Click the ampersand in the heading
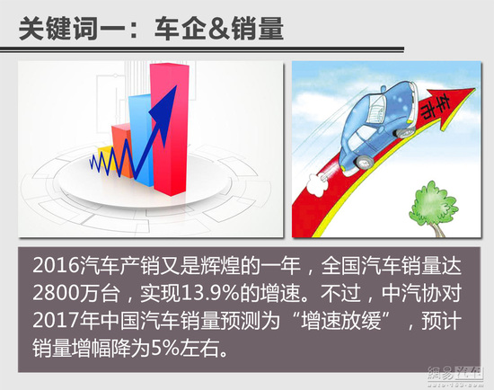click(x=219, y=29)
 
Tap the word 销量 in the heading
click(x=257, y=29)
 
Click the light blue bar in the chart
click(x=141, y=138)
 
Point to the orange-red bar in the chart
click(x=121, y=150)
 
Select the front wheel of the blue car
click(x=403, y=132)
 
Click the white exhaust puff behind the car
click(x=316, y=184)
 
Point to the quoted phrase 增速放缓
click(x=341, y=321)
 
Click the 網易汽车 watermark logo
click(x=455, y=377)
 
